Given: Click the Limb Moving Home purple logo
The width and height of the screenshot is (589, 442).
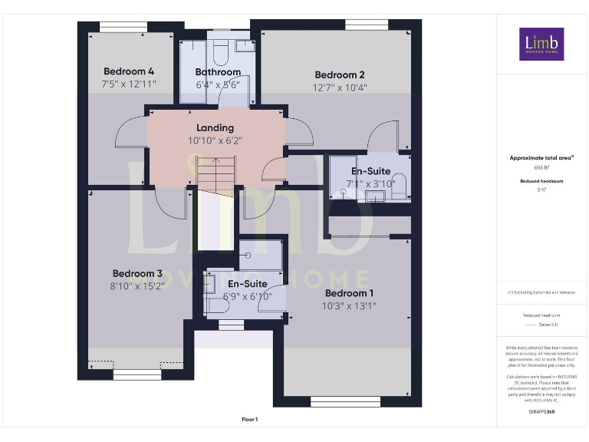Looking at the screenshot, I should [541, 45].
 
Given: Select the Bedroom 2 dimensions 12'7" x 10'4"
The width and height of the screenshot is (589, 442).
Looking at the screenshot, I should [340, 87].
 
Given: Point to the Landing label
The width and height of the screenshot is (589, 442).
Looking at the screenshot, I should [215, 127].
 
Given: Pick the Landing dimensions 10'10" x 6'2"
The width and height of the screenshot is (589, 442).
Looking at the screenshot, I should [215, 140].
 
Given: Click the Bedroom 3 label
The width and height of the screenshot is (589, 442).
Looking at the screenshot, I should [137, 273].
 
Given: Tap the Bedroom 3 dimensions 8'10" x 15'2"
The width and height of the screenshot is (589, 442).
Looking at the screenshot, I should [137, 286].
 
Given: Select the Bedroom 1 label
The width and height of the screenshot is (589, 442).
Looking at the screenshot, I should [349, 293].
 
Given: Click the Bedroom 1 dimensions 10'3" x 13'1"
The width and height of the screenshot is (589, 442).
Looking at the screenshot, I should [349, 306].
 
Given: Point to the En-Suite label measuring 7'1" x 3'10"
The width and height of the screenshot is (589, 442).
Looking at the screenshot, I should [370, 171].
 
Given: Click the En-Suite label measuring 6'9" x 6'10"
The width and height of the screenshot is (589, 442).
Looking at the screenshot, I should [247, 283].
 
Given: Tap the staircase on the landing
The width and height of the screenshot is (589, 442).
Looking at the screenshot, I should [216, 173].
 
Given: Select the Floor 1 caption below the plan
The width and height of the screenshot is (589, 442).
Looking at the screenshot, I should [250, 419].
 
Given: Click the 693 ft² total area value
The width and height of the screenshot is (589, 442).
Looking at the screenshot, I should [541, 167].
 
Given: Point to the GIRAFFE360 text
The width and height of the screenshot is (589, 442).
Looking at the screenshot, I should [541, 412].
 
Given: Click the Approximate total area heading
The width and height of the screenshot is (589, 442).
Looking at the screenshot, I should [541, 158].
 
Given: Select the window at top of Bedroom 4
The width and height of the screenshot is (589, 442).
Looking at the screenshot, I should [123, 27].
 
